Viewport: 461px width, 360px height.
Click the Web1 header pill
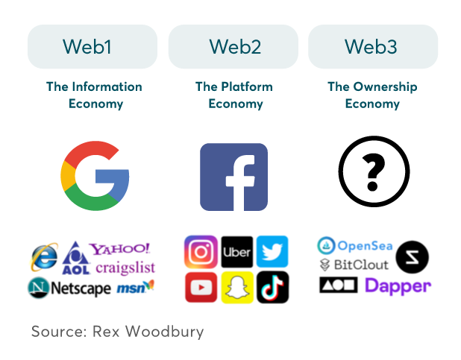tap(92, 47)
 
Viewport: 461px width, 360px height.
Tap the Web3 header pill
tap(373, 47)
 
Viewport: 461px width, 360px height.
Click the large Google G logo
tap(95, 176)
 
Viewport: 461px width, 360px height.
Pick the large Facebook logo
tap(233, 177)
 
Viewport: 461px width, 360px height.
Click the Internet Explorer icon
tap(44, 257)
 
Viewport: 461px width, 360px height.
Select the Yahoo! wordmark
tap(119, 248)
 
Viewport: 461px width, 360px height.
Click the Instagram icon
tap(200, 252)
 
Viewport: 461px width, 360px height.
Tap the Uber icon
tap(236, 252)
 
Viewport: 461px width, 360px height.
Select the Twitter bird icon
tap(272, 252)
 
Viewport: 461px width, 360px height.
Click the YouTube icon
tap(200, 288)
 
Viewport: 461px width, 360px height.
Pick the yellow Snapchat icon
tap(236, 288)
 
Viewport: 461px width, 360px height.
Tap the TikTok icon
tap(272, 288)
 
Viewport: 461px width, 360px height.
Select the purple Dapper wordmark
tap(398, 285)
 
